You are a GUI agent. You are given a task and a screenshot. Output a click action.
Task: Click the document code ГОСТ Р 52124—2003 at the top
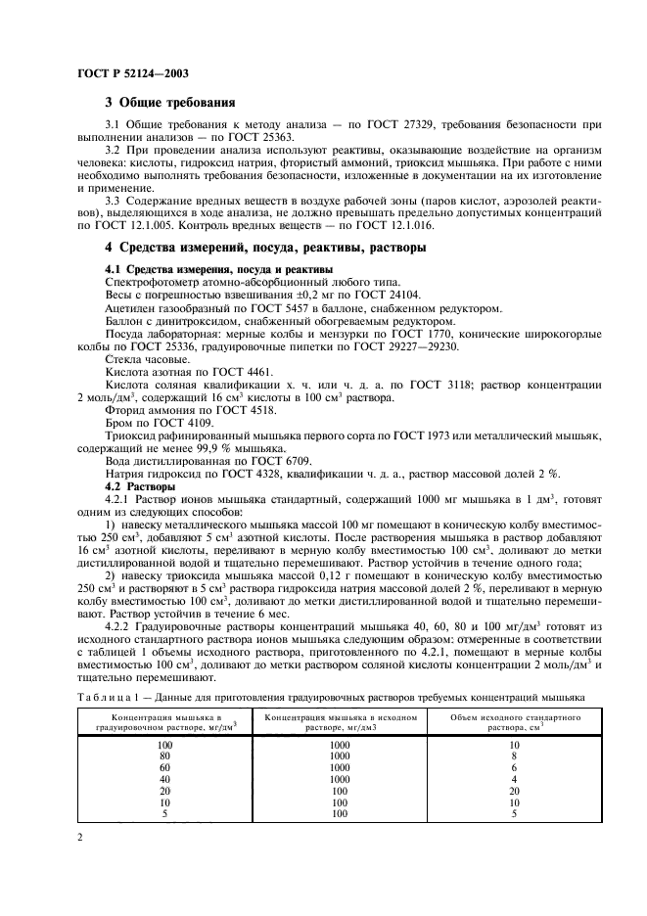(x=133, y=73)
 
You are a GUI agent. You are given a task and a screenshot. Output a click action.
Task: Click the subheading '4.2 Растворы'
(x=140, y=486)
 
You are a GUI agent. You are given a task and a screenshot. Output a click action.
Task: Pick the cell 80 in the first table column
(x=164, y=756)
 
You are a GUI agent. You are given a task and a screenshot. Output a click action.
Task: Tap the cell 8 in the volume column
(x=515, y=756)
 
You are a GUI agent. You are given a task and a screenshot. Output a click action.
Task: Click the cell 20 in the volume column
(x=515, y=791)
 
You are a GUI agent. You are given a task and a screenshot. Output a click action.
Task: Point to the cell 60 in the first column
(x=164, y=767)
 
